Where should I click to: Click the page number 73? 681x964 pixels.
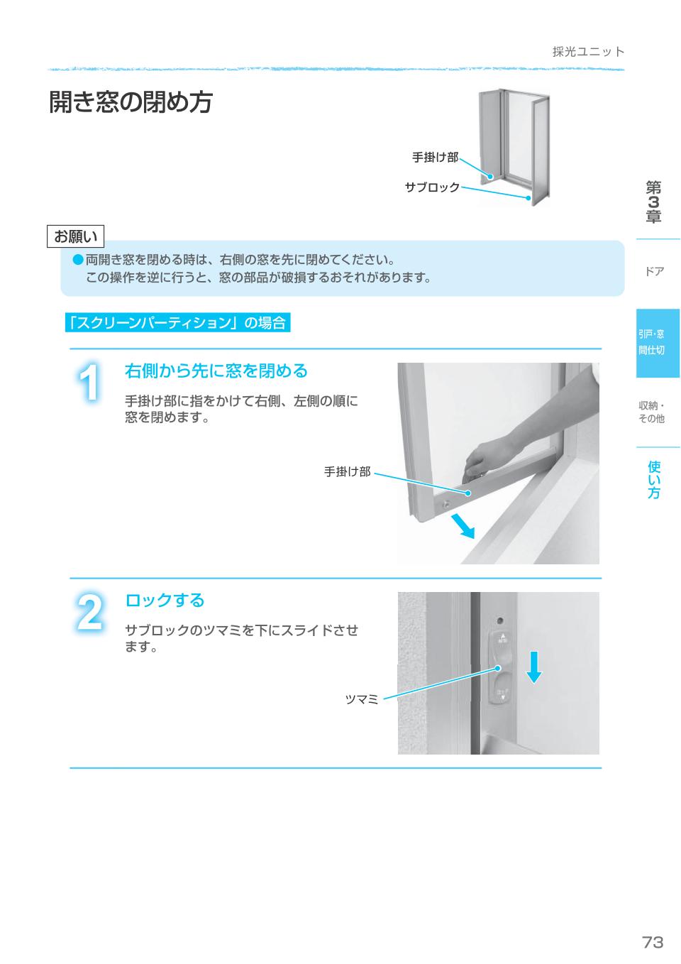[x=652, y=942]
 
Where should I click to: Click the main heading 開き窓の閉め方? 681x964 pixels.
[x=131, y=103]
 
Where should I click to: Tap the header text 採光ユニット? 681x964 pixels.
[x=588, y=52]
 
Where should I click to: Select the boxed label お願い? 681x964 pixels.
[x=76, y=236]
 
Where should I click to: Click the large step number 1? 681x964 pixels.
[x=89, y=384]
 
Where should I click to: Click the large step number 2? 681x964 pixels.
[x=89, y=613]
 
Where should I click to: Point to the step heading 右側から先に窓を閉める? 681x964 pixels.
[x=216, y=371]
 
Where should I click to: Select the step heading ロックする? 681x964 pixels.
[x=165, y=601]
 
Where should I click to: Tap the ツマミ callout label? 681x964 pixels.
[x=361, y=700]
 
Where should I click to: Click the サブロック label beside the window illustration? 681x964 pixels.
[x=432, y=187]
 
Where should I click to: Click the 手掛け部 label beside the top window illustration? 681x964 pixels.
[x=435, y=158]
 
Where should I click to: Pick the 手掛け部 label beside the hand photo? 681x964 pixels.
[x=347, y=471]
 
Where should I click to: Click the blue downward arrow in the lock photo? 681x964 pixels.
[x=534, y=667]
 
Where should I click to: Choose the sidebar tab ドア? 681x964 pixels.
[x=654, y=271]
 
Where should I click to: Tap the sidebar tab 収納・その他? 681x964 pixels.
[x=651, y=412]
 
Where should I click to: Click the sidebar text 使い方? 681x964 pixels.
[x=653, y=480]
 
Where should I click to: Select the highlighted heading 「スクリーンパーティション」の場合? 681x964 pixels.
[x=177, y=323]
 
